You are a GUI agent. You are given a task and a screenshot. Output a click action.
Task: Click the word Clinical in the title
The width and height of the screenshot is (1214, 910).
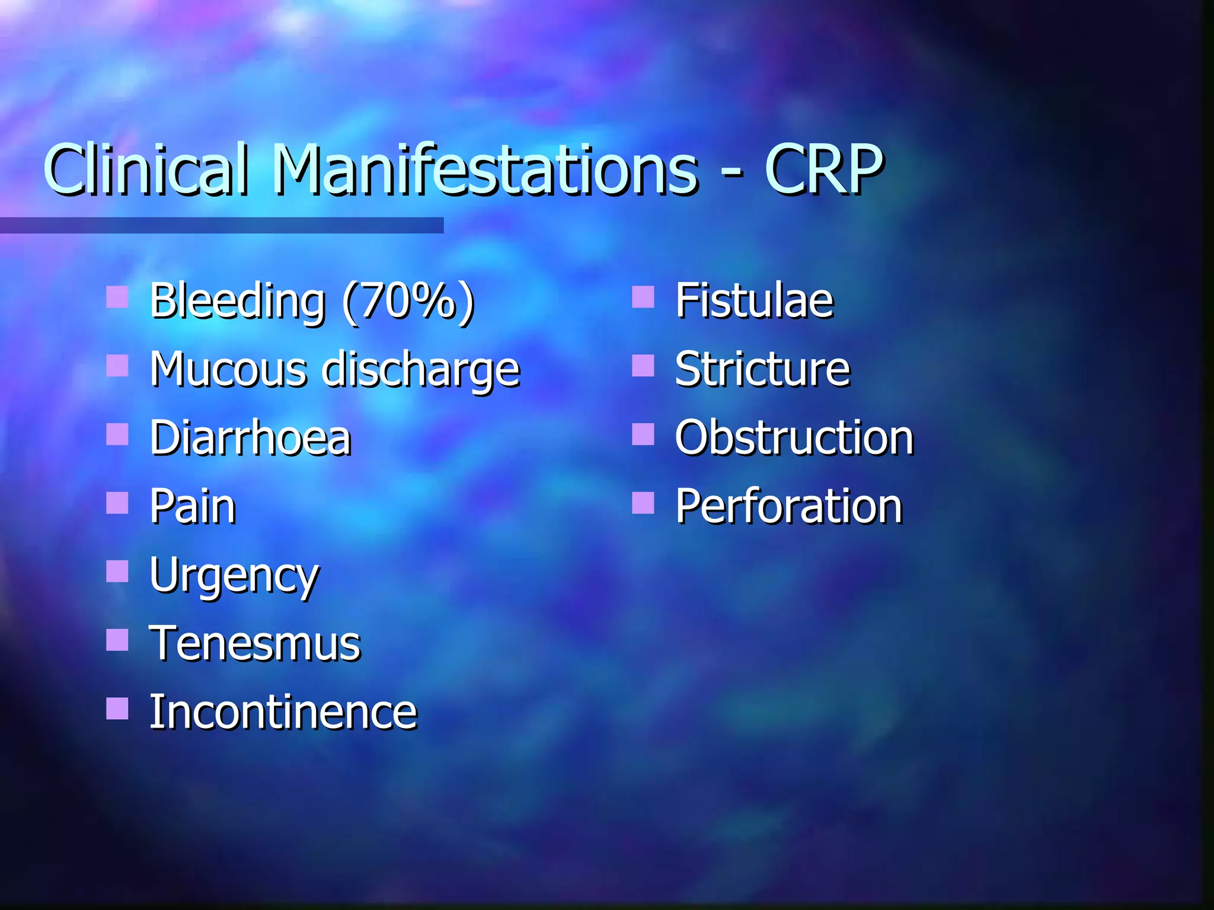(145, 169)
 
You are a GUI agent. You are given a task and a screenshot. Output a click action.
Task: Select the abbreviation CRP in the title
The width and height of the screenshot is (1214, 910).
(824, 169)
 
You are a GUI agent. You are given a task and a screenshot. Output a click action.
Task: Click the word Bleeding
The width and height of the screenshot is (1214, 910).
(237, 301)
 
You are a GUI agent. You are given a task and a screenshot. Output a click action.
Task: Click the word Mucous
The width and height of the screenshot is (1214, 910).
(228, 370)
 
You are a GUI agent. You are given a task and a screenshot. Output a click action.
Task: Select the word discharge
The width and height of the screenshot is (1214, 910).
(421, 371)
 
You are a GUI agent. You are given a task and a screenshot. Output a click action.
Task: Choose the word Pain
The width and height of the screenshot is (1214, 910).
(193, 507)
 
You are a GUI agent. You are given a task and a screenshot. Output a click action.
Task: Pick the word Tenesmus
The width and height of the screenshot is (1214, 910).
(255, 644)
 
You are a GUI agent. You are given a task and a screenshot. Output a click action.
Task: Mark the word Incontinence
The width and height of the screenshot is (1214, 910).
(283, 712)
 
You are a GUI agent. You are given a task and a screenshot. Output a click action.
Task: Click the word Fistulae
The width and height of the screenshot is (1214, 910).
(754, 301)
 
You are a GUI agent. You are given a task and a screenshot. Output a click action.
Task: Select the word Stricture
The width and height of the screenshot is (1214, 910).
(762, 370)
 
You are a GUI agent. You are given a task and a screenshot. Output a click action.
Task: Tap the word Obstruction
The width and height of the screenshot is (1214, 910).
(794, 438)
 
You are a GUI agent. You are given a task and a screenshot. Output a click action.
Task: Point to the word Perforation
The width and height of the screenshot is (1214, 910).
(788, 507)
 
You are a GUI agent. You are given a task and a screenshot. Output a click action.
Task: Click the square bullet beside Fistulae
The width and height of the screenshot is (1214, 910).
(643, 297)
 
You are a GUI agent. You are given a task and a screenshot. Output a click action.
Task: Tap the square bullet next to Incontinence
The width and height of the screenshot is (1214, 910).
(117, 708)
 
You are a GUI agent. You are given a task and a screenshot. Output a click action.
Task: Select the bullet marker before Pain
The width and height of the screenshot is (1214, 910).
(117, 503)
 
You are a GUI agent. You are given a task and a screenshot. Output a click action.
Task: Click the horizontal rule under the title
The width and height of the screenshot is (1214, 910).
(222, 225)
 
